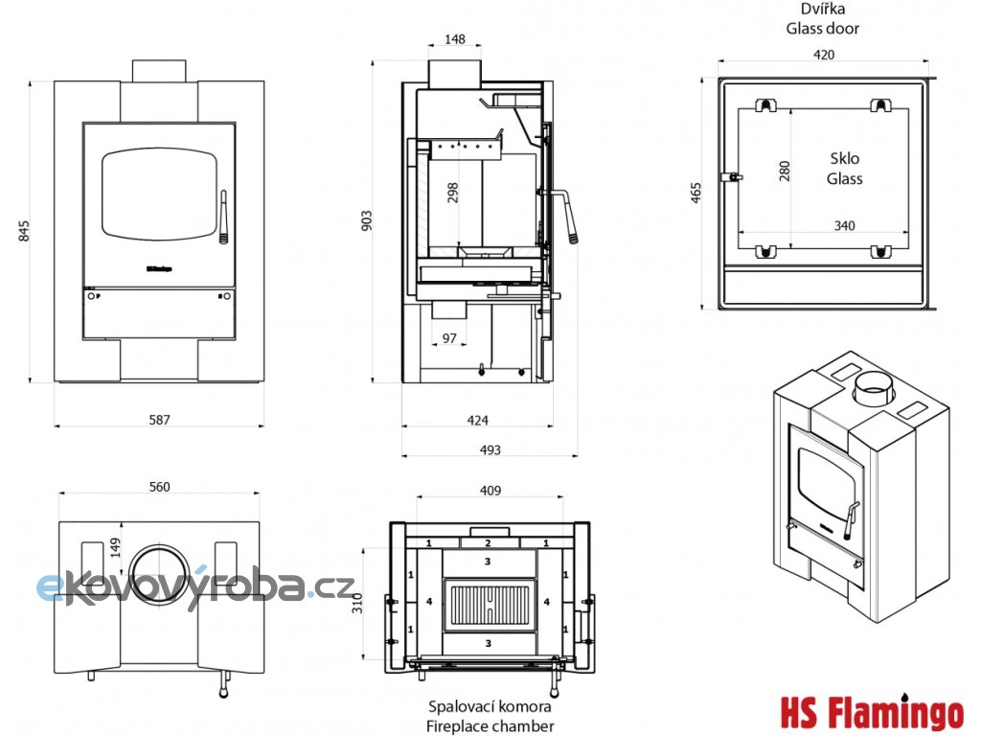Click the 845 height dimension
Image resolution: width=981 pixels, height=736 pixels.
click(x=25, y=230)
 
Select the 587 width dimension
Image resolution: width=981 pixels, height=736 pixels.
click(x=159, y=420)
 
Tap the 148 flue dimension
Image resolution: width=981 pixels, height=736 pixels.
click(x=455, y=39)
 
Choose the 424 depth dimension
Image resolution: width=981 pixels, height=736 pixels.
click(x=477, y=420)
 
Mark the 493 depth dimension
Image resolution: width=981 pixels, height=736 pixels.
click(x=490, y=449)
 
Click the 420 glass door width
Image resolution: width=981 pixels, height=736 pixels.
click(x=823, y=55)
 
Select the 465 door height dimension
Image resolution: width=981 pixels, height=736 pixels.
click(x=696, y=192)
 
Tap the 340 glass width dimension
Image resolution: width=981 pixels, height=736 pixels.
click(x=843, y=225)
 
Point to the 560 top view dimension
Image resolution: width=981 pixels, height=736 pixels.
click(x=159, y=487)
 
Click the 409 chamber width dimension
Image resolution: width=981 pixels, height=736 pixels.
click(x=490, y=491)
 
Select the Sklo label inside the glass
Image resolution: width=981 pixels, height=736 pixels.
click(x=844, y=159)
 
